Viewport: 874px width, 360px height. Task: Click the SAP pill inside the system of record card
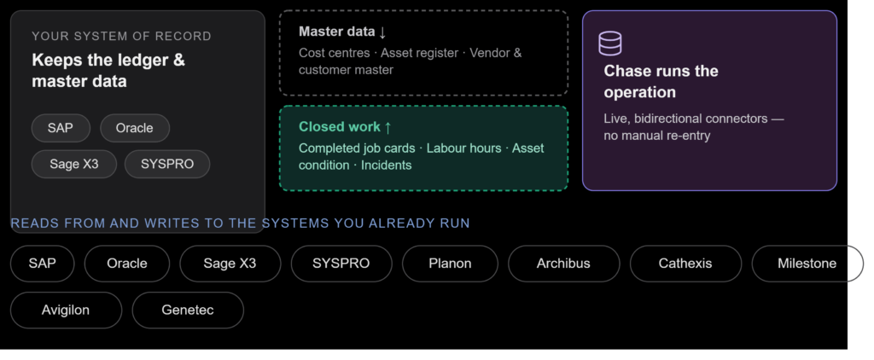pyautogui.click(x=61, y=128)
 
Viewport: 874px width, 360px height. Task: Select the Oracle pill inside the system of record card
pyautogui.click(x=134, y=128)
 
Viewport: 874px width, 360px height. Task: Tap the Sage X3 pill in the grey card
pyautogui.click(x=74, y=165)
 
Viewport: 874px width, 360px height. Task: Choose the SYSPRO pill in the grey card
pyautogui.click(x=167, y=165)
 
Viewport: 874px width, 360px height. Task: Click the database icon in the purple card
pyautogui.click(x=609, y=43)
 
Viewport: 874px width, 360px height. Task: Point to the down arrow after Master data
pyautogui.click(x=382, y=32)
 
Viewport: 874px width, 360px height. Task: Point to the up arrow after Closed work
pyautogui.click(x=388, y=127)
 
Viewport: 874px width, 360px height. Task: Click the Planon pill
pyautogui.click(x=450, y=264)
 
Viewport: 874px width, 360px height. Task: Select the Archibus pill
pyautogui.click(x=563, y=264)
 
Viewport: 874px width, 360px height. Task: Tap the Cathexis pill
pyautogui.click(x=685, y=264)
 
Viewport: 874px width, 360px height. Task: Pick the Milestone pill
pyautogui.click(x=807, y=264)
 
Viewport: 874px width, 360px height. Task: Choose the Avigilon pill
pyautogui.click(x=66, y=311)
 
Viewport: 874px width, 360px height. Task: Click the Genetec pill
pyautogui.click(x=188, y=311)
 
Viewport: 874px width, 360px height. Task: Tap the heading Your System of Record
pyautogui.click(x=121, y=36)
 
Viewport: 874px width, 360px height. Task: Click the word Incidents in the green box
pyautogui.click(x=387, y=165)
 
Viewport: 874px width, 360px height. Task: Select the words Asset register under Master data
pyautogui.click(x=419, y=53)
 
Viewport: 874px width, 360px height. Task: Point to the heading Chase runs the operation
pyautogui.click(x=661, y=81)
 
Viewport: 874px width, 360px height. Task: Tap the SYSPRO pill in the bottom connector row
pyautogui.click(x=341, y=264)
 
